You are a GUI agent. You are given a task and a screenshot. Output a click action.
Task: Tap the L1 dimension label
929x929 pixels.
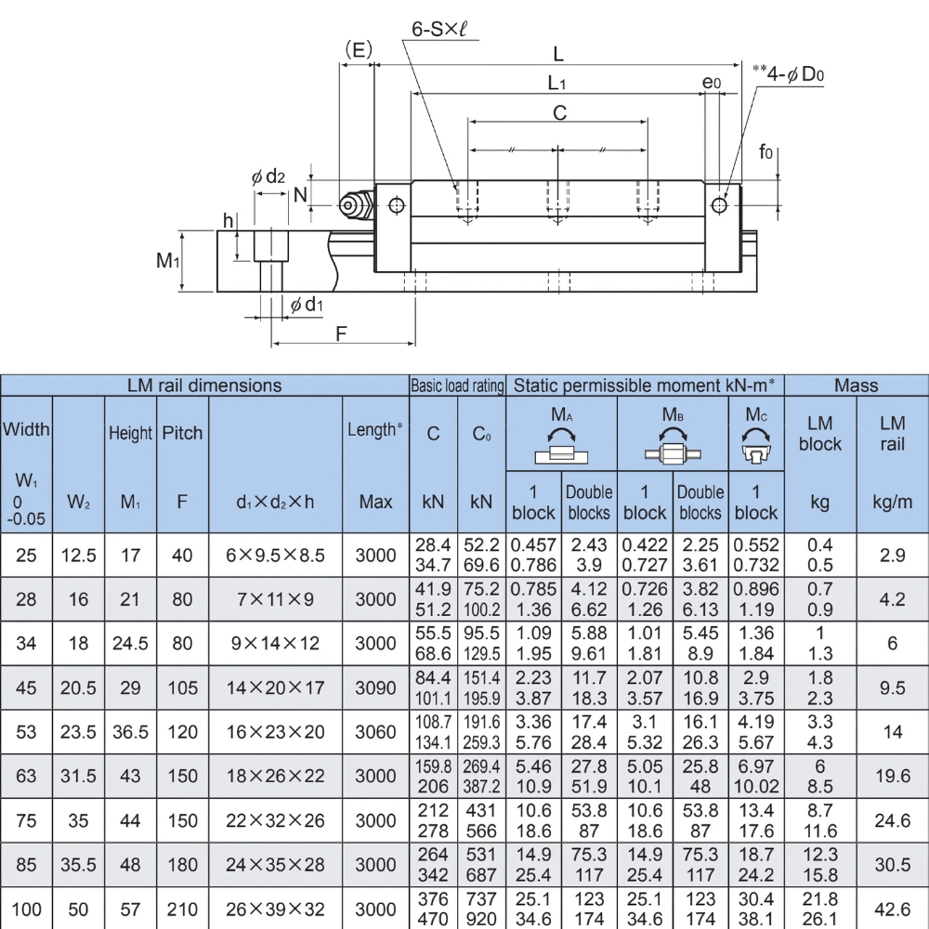point(556,84)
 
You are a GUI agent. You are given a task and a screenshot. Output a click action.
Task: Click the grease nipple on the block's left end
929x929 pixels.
point(353,204)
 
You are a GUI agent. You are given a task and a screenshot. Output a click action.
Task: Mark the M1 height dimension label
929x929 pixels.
point(167,261)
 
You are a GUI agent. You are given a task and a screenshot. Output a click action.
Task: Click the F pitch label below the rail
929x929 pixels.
point(341,334)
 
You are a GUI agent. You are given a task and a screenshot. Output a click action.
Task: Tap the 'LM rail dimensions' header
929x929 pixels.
point(204,385)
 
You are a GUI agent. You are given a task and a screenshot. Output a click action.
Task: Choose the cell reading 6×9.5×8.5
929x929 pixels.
point(276,556)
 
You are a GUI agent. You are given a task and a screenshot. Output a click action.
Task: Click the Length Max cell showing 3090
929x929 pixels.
point(375,688)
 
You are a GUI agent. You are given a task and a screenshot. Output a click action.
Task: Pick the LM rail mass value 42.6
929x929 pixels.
point(892,909)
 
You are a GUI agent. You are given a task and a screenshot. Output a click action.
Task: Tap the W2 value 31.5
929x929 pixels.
point(79,776)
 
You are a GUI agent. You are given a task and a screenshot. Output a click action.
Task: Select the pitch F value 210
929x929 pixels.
point(183,909)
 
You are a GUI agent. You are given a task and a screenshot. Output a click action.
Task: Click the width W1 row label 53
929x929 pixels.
point(27,732)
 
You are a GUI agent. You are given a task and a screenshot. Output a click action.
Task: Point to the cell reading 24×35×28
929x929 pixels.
point(276,865)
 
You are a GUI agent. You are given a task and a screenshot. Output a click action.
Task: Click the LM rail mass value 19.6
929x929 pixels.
point(892,776)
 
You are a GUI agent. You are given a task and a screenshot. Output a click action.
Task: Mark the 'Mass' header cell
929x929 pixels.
point(856,385)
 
